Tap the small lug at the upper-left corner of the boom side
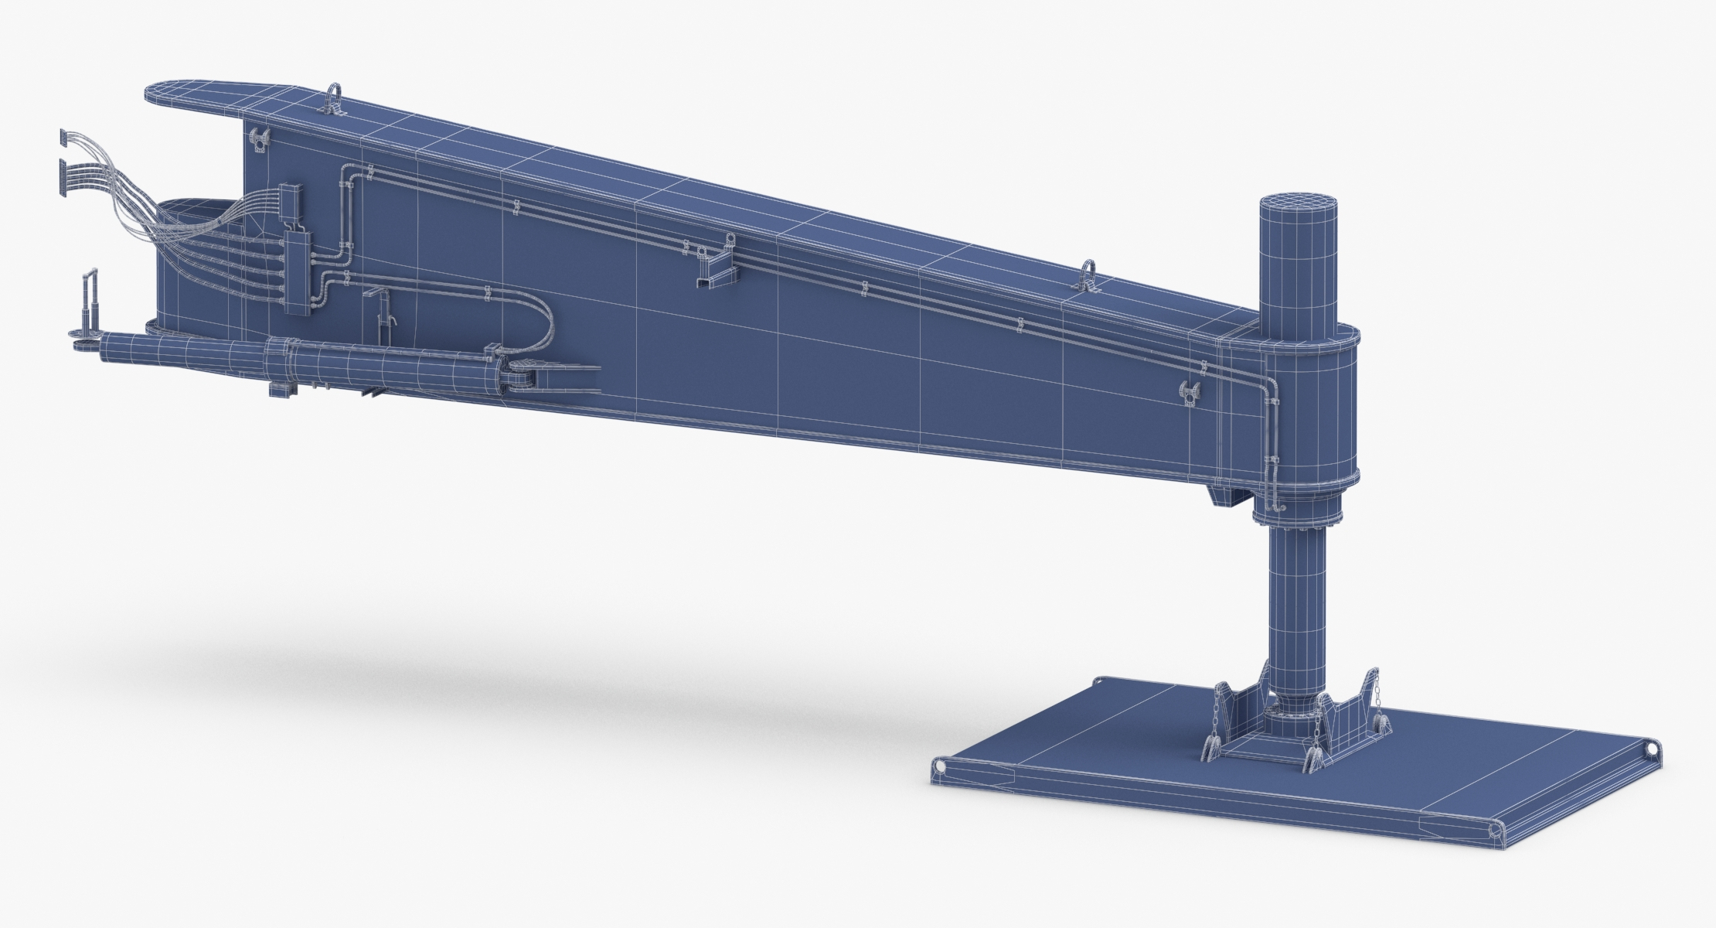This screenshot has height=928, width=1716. point(258,140)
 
